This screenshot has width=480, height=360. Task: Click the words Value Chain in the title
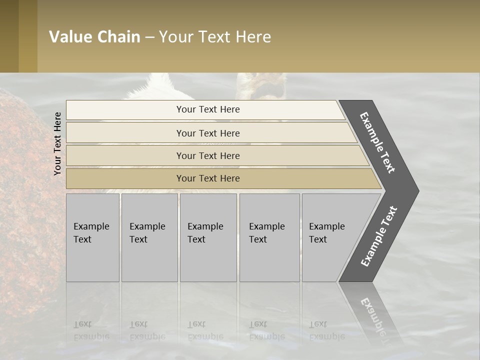point(94,37)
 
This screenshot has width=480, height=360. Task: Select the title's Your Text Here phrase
point(215,37)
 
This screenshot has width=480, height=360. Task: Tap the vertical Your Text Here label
point(57,143)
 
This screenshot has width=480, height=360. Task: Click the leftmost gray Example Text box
point(92,237)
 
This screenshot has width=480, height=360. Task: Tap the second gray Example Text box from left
point(149,237)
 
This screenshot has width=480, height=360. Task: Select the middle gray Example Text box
point(208,237)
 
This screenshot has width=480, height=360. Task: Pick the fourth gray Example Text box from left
point(269,237)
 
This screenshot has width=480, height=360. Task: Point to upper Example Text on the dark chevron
point(377,142)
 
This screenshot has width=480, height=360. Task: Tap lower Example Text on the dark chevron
point(379,236)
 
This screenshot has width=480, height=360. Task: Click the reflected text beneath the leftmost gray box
point(91,330)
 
